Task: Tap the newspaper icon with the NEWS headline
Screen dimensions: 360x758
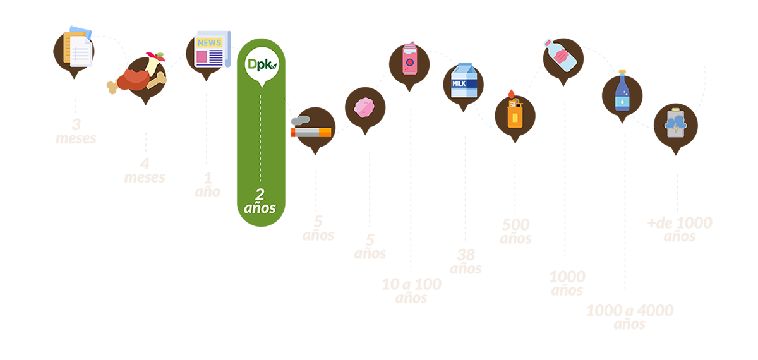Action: point(209,52)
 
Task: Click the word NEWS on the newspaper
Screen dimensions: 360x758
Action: point(209,43)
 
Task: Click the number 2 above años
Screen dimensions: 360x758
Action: point(260,194)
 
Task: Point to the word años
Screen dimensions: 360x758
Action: point(260,208)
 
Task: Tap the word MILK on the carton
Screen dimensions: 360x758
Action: point(459,83)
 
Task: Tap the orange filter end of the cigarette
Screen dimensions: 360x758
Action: point(324,132)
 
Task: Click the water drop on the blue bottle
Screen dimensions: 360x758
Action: point(622,100)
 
